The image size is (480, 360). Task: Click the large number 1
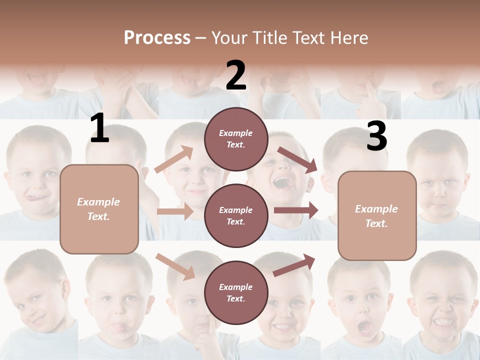pos(99,128)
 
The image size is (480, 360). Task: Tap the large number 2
pos(236,75)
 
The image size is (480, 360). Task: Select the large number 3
pos(376,136)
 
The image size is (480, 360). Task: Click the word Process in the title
pos(157,38)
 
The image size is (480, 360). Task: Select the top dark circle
pos(236,139)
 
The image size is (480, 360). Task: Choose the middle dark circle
pos(236,215)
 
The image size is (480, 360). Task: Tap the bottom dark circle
pos(236,292)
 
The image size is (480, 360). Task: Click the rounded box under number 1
pos(99,209)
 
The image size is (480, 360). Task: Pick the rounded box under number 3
pos(377,215)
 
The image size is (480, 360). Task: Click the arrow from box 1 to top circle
pos(174,159)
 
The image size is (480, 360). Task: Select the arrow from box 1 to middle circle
pos(175,211)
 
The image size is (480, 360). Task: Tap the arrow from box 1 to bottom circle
pos(175,266)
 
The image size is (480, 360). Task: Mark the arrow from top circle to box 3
pos(298,160)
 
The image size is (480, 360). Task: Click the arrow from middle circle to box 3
pos(296,210)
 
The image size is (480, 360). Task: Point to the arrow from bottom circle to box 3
pos(294,265)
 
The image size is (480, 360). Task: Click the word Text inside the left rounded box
pos(98,217)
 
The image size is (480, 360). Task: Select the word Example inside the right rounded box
pos(376,209)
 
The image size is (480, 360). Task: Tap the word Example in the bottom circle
pos(236,287)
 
